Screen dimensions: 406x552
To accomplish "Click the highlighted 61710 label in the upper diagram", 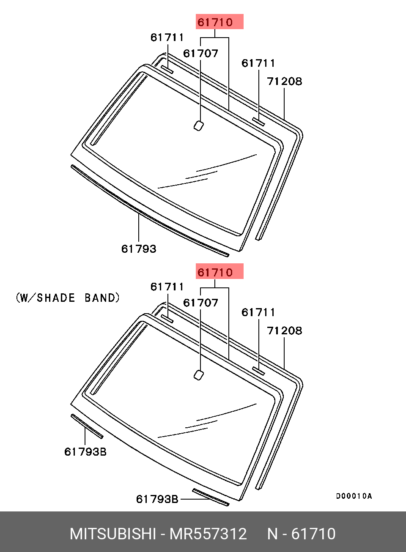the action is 215,22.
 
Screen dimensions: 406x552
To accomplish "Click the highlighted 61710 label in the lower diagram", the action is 215,272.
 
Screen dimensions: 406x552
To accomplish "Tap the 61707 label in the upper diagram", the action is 200,53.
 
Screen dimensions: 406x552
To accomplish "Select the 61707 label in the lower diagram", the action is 200,303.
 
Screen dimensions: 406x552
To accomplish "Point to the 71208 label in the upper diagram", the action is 285,81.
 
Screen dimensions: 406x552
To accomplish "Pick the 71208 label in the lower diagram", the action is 285,331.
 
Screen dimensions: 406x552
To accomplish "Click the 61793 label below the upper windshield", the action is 139,249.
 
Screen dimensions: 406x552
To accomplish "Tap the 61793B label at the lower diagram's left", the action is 85,452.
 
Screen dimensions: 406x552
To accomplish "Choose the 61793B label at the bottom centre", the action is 157,499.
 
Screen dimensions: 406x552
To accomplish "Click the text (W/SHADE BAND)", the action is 68,298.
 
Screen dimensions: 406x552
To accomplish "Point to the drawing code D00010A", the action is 354,496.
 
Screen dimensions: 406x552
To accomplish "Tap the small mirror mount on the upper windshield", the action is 198,126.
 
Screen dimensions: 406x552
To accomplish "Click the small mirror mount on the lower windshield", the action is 198,375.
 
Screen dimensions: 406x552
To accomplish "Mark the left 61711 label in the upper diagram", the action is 167,38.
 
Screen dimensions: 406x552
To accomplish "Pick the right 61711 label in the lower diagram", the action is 258,312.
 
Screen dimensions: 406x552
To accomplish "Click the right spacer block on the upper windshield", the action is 258,122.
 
